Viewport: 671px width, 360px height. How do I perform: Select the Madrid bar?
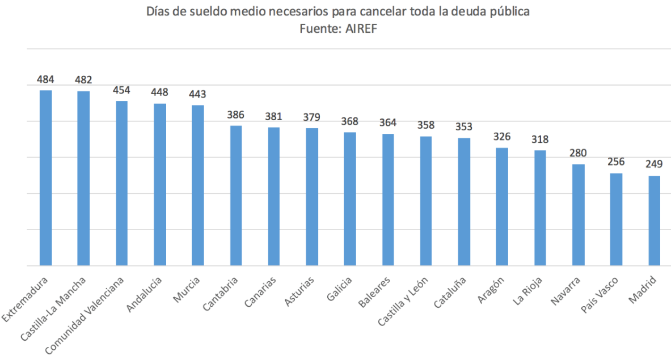[x=654, y=221]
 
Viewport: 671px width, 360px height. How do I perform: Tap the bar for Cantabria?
[x=235, y=195]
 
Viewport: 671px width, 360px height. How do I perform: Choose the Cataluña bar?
[x=464, y=201]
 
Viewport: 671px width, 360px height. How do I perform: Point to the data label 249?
[x=654, y=164]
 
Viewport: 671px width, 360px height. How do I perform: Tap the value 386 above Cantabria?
[x=235, y=114]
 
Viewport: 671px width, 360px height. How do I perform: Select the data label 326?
[x=502, y=136]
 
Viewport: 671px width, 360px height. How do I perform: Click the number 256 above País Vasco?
[x=616, y=162]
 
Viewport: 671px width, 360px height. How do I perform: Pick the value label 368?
[x=350, y=121]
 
